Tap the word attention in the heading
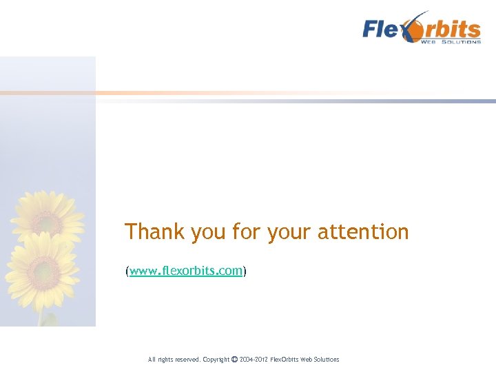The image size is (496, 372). coord(363,232)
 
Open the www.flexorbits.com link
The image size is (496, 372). coord(186,271)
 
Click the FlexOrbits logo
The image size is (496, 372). coord(422,30)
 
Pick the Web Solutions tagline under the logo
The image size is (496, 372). coord(451,42)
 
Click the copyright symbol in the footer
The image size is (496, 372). coord(235,359)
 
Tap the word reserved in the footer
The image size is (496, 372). coord(186,360)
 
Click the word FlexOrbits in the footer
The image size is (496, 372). coord(285,360)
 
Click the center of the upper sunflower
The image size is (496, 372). coord(46,221)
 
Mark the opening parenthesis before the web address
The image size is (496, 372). coord(127,271)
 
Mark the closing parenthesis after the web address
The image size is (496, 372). coord(245,271)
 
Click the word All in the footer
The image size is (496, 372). coord(152,360)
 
